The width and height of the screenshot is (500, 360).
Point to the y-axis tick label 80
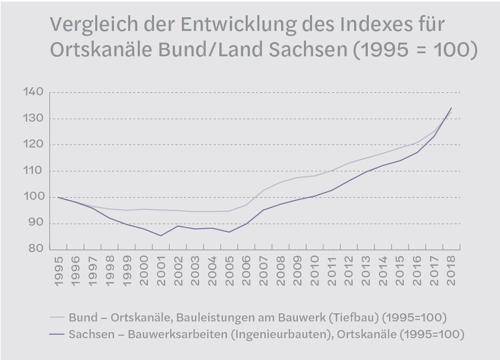33,249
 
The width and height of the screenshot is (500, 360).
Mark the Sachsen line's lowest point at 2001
161,235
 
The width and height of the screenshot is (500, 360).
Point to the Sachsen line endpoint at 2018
451,108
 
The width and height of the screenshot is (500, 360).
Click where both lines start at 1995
59,197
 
